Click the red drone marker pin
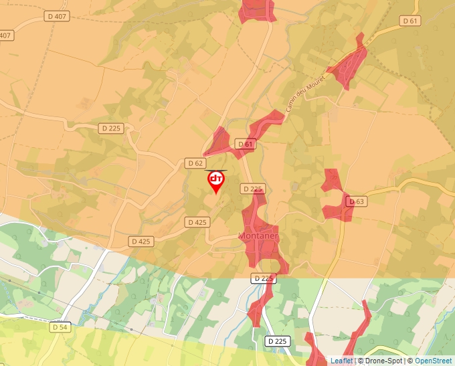coord(216,181)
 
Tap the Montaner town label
coord(258,236)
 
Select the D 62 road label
coord(195,163)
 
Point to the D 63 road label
coord(357,201)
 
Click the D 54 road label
coord(60,327)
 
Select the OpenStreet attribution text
coord(433,361)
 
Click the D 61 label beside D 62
coord(246,144)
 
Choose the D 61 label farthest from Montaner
coord(410,21)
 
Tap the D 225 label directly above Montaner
coord(252,189)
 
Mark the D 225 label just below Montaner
coord(264,278)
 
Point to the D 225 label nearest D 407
coord(111,128)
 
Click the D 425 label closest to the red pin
coord(197,222)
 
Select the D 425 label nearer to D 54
coord(141,241)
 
